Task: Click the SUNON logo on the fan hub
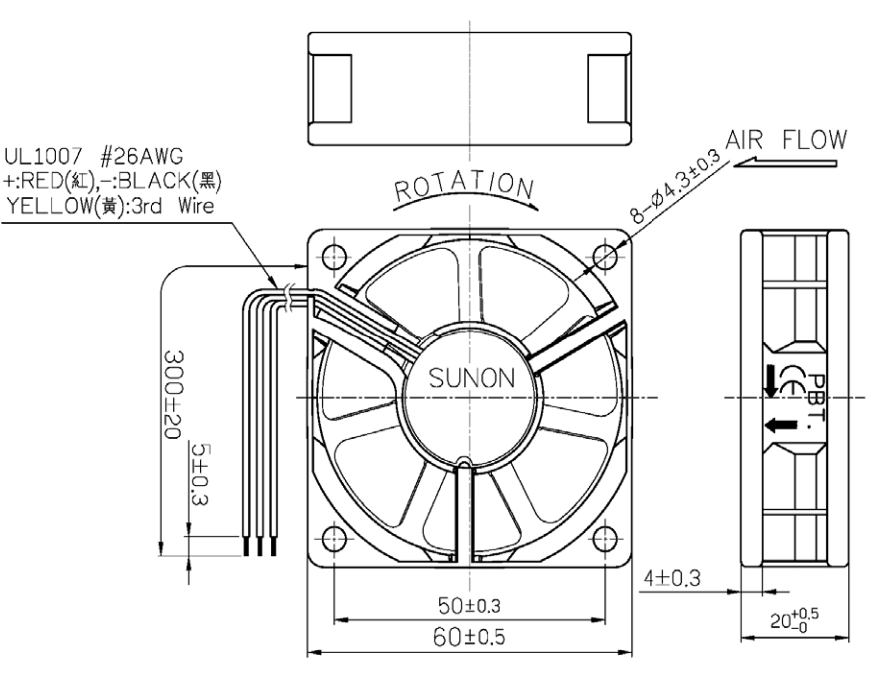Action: click(472, 378)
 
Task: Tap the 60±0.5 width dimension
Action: click(469, 637)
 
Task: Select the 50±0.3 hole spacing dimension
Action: click(469, 605)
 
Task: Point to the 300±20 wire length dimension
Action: click(173, 394)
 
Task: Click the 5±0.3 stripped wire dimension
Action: click(199, 474)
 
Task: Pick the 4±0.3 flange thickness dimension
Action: click(671, 579)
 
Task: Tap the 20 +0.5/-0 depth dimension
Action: click(794, 620)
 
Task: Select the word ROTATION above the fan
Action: click(464, 186)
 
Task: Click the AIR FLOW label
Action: click(786, 139)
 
